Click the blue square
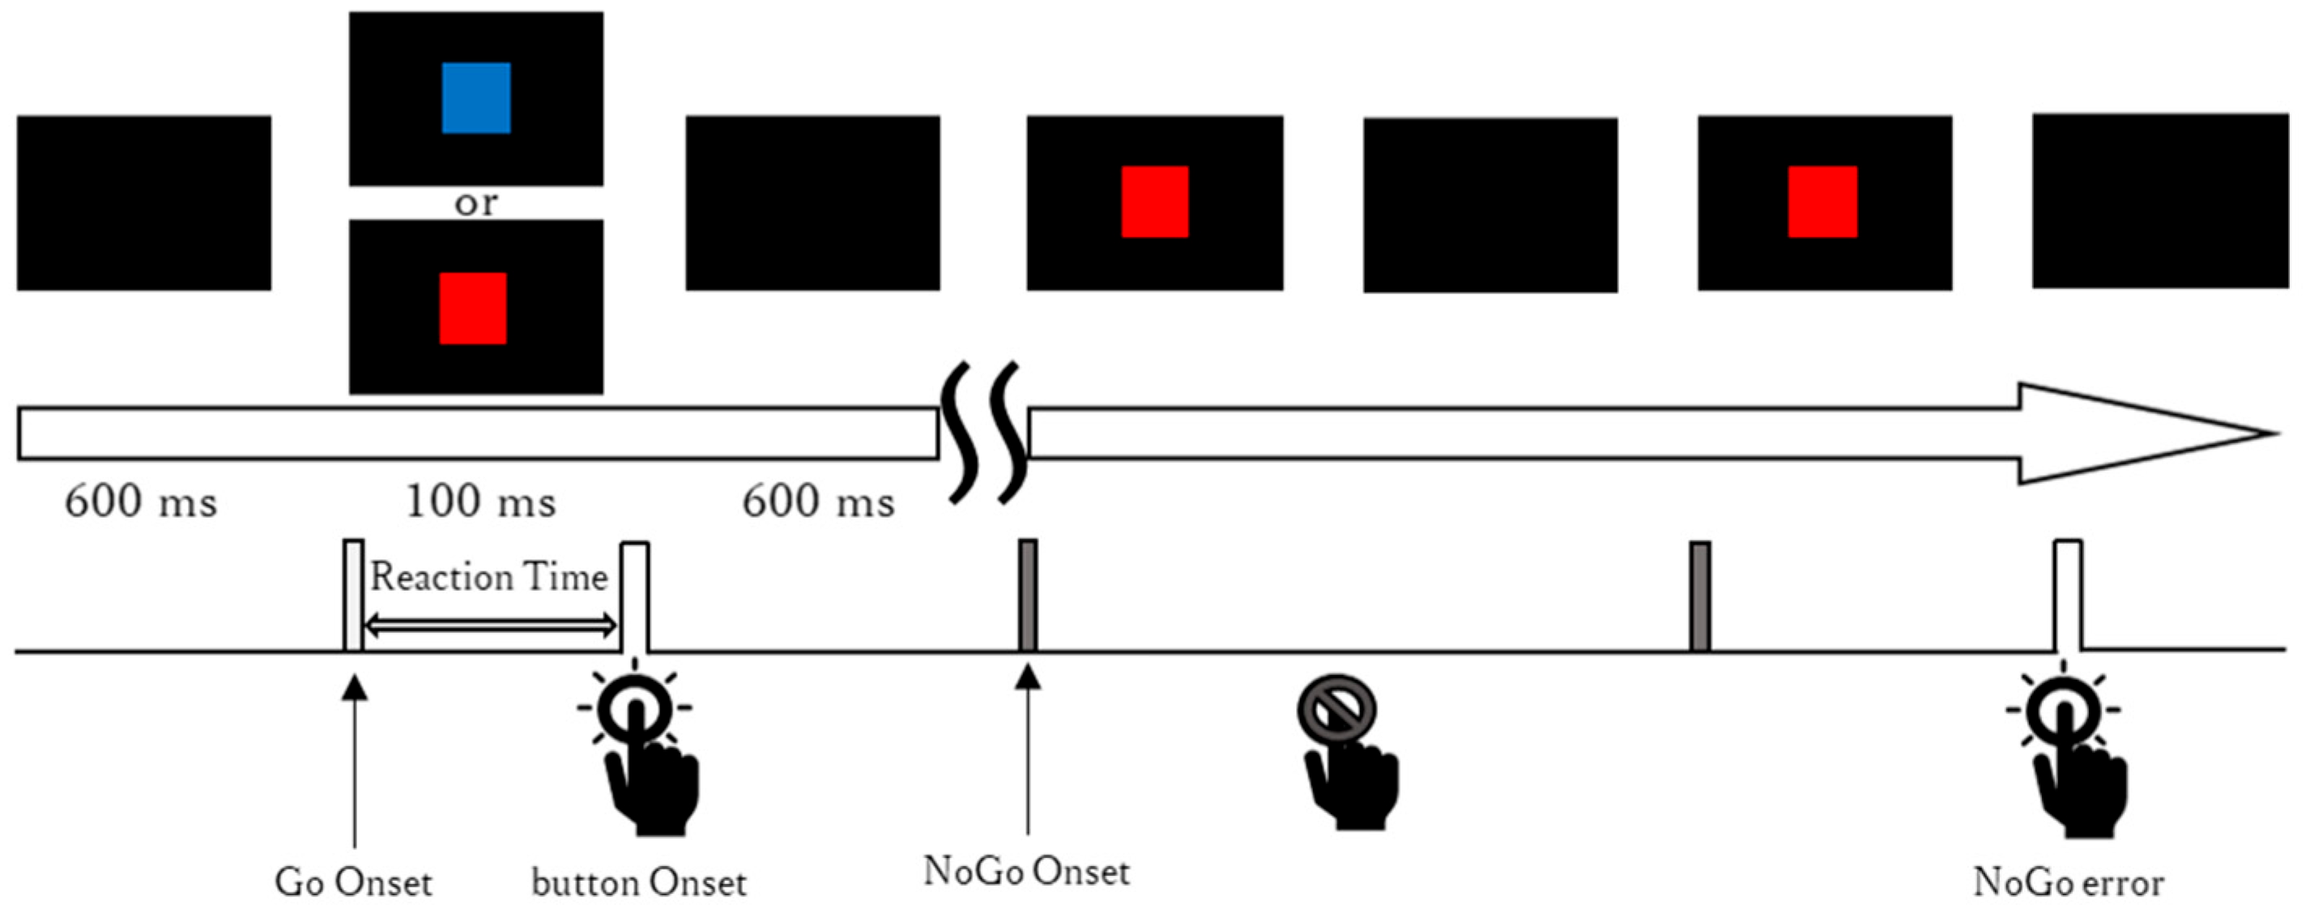coord(476,98)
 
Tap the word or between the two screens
coord(475,203)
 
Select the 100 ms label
coord(480,502)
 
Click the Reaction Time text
coord(489,577)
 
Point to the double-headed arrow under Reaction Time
coord(492,626)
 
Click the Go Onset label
coord(353,883)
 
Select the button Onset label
coord(639,883)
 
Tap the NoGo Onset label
coord(1027,871)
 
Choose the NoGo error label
coord(2069,883)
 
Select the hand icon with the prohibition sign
coord(1345,754)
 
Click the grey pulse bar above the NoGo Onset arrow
coord(1029,595)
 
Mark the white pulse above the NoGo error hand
coord(2068,595)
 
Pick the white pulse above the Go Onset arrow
coord(354,595)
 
